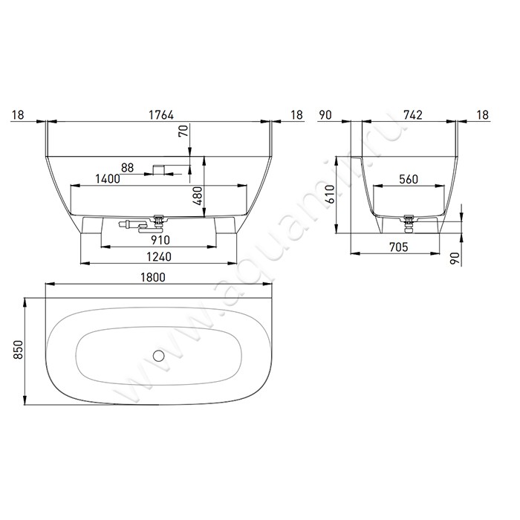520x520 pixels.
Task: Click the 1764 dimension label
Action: click(x=161, y=115)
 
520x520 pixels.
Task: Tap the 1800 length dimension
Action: click(x=153, y=277)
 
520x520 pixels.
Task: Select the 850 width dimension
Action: click(x=18, y=350)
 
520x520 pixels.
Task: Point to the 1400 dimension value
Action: click(x=108, y=179)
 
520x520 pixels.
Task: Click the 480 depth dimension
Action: click(x=198, y=195)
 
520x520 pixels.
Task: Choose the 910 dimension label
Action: click(x=160, y=240)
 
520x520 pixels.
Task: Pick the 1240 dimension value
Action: click(x=159, y=257)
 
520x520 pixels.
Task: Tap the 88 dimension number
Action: click(x=127, y=168)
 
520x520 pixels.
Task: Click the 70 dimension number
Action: click(x=183, y=130)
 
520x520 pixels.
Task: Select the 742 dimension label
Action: click(x=413, y=115)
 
